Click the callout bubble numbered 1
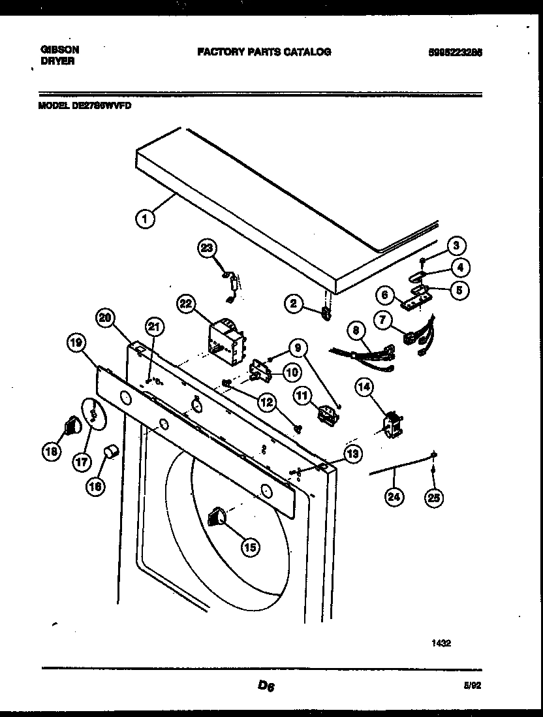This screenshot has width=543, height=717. [x=146, y=219]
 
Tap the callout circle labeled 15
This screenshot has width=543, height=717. [x=249, y=547]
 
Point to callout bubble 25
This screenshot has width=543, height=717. [x=433, y=498]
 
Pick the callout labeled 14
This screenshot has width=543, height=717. [x=364, y=387]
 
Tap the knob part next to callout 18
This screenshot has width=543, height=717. [x=72, y=428]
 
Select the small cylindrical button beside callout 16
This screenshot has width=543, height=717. [x=112, y=451]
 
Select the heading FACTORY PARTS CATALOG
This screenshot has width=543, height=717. [x=264, y=52]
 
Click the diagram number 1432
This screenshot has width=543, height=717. [x=441, y=643]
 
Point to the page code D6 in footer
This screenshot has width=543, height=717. [x=266, y=685]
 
